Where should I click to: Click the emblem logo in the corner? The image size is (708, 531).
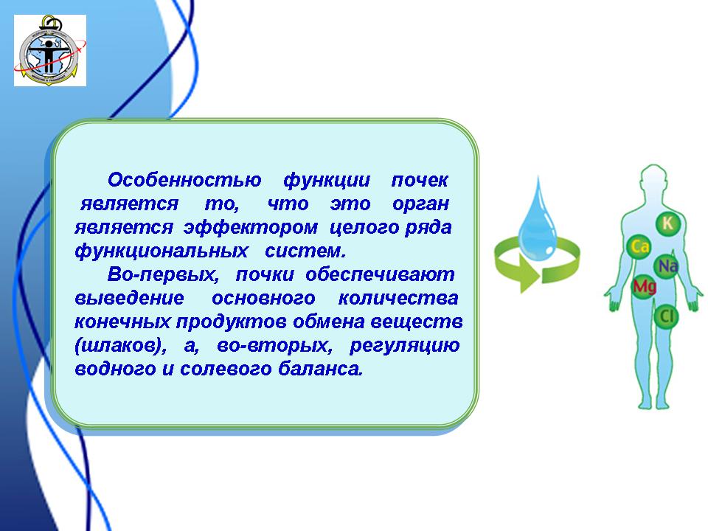click(x=50, y=50)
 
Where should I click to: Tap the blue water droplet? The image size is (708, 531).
click(x=538, y=221)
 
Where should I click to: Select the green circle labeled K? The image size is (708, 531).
click(x=667, y=223)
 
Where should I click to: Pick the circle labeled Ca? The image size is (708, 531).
click(x=639, y=247)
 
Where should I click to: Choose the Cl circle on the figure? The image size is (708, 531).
click(x=666, y=316)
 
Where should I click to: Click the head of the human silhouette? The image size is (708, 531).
click(x=653, y=178)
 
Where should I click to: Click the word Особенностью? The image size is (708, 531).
click(x=184, y=180)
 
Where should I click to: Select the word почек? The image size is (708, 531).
click(x=420, y=180)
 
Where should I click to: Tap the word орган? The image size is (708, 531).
click(x=420, y=204)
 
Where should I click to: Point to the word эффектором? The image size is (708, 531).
click(x=251, y=227)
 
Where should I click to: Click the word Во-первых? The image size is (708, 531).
click(x=163, y=274)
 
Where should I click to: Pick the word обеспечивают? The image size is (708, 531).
click(x=380, y=274)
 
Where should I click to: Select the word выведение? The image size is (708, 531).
click(x=130, y=298)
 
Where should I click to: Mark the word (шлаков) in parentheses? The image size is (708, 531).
click(x=120, y=345)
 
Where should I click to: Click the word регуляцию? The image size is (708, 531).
click(x=405, y=345)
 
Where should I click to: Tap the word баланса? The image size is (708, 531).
click(x=320, y=369)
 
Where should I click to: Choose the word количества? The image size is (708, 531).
click(x=398, y=298)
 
